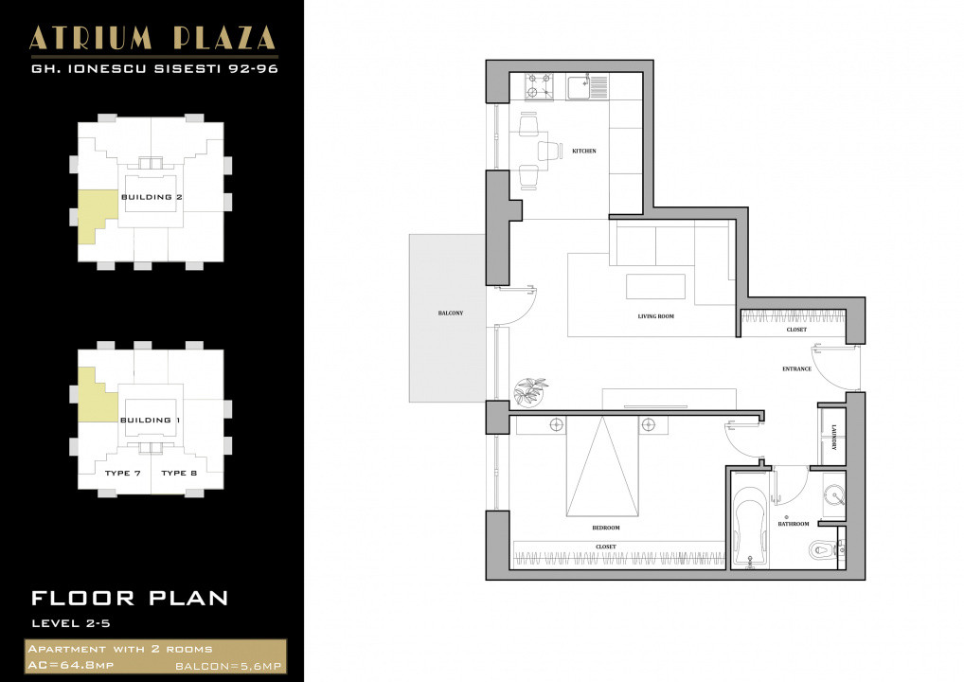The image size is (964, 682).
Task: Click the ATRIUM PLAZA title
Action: [152, 38]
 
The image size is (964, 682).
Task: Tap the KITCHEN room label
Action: [584, 151]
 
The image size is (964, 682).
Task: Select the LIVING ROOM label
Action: [655, 315]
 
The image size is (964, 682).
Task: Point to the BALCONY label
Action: [451, 313]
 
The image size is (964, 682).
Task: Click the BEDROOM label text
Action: [606, 528]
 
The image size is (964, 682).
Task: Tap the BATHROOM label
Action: [794, 524]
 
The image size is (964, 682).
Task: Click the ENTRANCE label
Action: [796, 368]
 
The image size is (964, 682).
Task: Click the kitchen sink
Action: [579, 88]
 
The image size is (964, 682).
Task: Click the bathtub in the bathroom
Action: [750, 530]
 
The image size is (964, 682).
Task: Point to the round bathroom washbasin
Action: [832, 495]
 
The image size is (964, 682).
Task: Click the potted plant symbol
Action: [530, 390]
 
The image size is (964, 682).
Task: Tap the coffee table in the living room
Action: [655, 286]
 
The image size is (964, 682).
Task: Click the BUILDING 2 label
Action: [152, 197]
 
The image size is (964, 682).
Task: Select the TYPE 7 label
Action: [123, 473]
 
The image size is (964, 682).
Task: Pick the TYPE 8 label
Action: [179, 473]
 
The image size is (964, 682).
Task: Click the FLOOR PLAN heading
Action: [130, 598]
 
